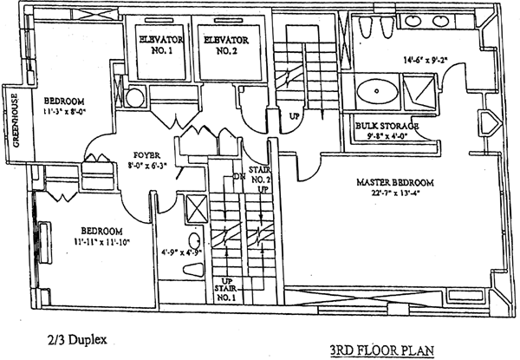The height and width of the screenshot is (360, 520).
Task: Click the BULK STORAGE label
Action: (x=387, y=127)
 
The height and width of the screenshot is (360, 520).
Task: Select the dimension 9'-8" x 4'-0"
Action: (x=387, y=136)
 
